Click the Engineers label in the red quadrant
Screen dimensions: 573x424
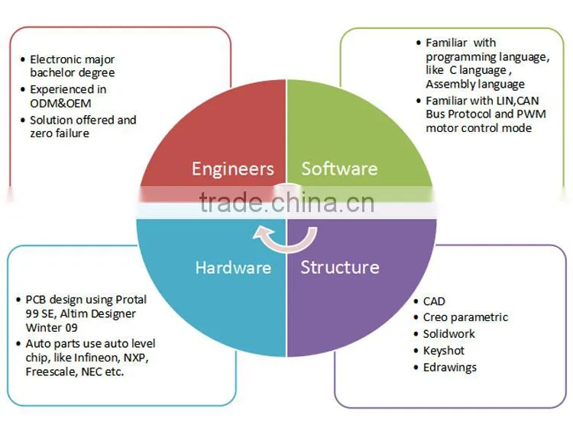[x=233, y=169]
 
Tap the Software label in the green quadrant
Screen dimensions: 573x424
[x=339, y=169]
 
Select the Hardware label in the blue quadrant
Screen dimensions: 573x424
[x=233, y=268]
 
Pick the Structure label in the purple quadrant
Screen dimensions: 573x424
[x=340, y=267]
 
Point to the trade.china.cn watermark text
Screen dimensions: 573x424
[x=286, y=203]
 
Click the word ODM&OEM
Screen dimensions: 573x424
[x=60, y=103]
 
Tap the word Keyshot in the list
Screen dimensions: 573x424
[x=444, y=351]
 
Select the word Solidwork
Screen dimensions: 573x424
[x=449, y=333]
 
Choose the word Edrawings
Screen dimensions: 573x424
[x=450, y=368]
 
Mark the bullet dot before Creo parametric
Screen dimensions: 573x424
[x=416, y=317]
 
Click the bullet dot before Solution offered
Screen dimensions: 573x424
[x=23, y=120]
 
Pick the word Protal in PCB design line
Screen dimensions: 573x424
[x=131, y=300]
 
